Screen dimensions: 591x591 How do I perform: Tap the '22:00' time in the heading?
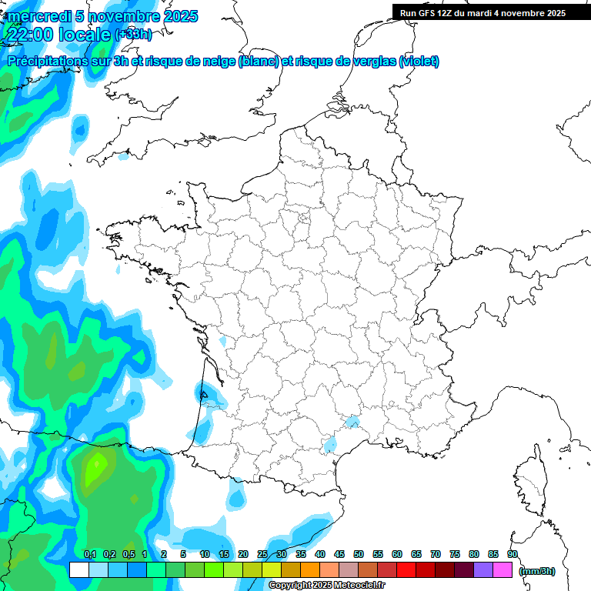pyautogui.click(x=29, y=35)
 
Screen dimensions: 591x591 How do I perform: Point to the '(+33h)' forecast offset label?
pyautogui.click(x=133, y=34)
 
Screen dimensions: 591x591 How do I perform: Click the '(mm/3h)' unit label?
pyautogui.click(x=537, y=571)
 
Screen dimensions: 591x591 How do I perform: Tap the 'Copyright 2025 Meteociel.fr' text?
pyautogui.click(x=326, y=586)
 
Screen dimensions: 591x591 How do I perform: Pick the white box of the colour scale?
pyautogui.click(x=78, y=569)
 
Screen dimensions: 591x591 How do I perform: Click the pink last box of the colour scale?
pyautogui.click(x=503, y=569)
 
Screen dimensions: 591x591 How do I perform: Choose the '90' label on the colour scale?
pyautogui.click(x=513, y=554)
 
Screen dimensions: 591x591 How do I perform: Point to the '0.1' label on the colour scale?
pyautogui.click(x=90, y=554)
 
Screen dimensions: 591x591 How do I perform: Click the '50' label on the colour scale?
pyautogui.click(x=359, y=554)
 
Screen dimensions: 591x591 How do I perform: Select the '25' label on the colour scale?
pyautogui.click(x=262, y=554)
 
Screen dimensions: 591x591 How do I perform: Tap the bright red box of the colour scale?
pyautogui.click(x=406, y=569)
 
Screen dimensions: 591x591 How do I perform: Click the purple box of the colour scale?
pyautogui.click(x=483, y=569)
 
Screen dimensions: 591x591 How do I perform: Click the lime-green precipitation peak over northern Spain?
pyautogui.click(x=96, y=467)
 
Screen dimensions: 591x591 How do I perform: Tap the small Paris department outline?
pyautogui.click(x=303, y=221)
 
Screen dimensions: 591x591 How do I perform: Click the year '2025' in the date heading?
pyautogui.click(x=175, y=16)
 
